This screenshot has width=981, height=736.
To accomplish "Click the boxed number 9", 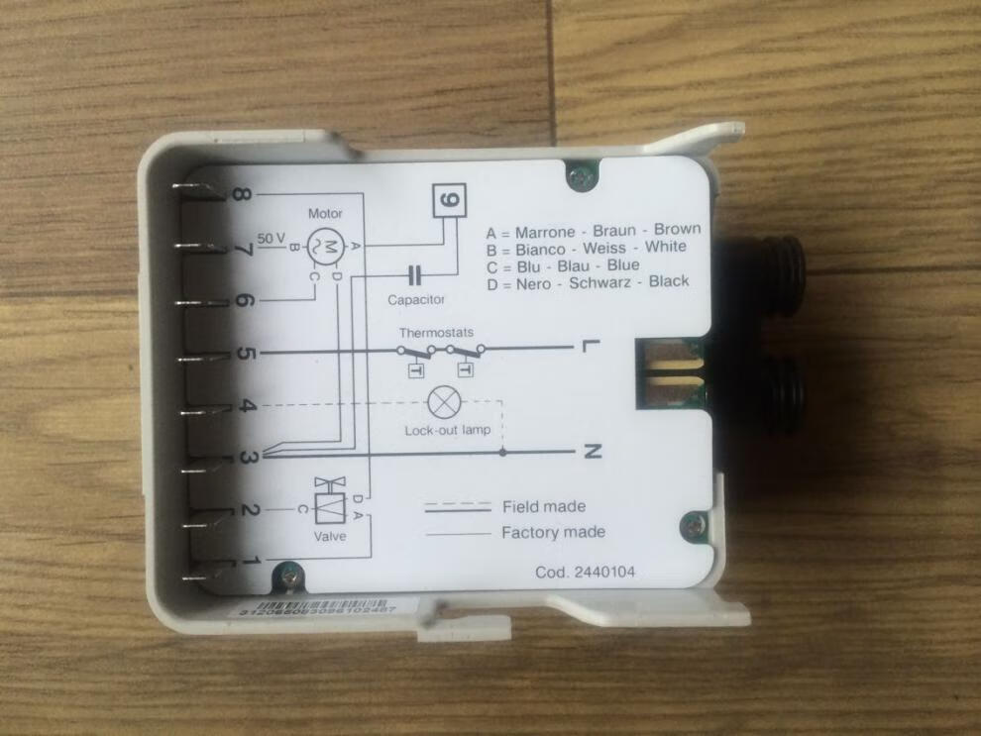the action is [x=448, y=200].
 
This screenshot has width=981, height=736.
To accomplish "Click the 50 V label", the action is [x=270, y=238].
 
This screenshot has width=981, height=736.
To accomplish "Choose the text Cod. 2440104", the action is [x=585, y=572].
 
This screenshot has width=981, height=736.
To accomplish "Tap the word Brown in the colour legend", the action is [x=677, y=229].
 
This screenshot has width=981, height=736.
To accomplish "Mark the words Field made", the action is [x=543, y=506].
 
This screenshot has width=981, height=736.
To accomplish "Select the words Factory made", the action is [x=553, y=532].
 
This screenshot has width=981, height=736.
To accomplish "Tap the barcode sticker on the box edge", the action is [x=317, y=608].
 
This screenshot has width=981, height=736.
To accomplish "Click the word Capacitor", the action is [x=416, y=298].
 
